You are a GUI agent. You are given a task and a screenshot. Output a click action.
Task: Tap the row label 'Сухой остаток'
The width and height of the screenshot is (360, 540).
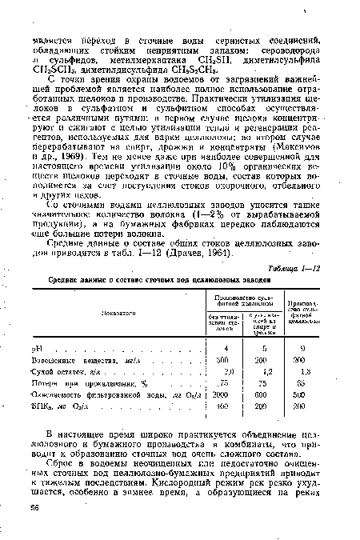pos(83,373)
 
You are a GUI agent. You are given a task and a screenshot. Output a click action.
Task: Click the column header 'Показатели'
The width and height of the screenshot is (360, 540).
pos(115,314)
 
